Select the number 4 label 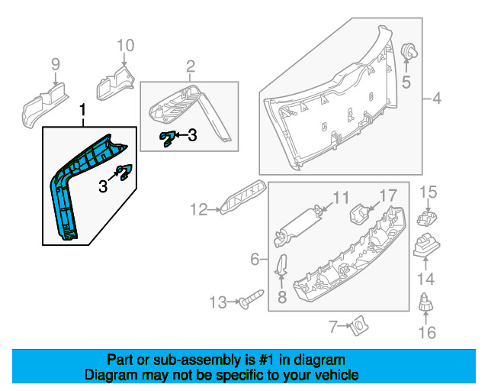437,99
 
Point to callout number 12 199,208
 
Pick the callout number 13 218,302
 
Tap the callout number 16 427,332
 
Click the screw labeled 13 249,301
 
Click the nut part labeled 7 355,328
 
